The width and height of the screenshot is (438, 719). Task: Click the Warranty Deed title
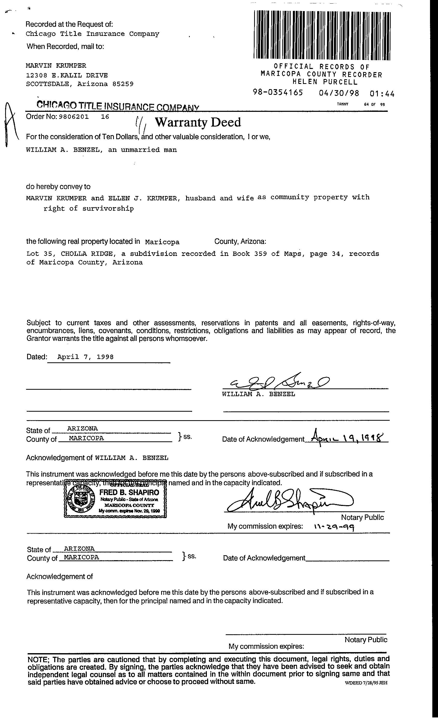tap(198, 122)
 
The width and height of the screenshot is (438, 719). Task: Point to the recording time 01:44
tap(382, 94)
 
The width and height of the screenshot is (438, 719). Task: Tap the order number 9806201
tap(74, 117)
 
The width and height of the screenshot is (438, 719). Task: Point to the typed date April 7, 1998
tap(85, 357)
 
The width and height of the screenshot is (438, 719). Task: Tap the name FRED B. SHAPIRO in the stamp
tap(129, 493)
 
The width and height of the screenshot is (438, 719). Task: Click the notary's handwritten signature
tap(289, 501)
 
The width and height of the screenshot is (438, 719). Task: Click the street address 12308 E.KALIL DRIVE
tap(67, 75)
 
